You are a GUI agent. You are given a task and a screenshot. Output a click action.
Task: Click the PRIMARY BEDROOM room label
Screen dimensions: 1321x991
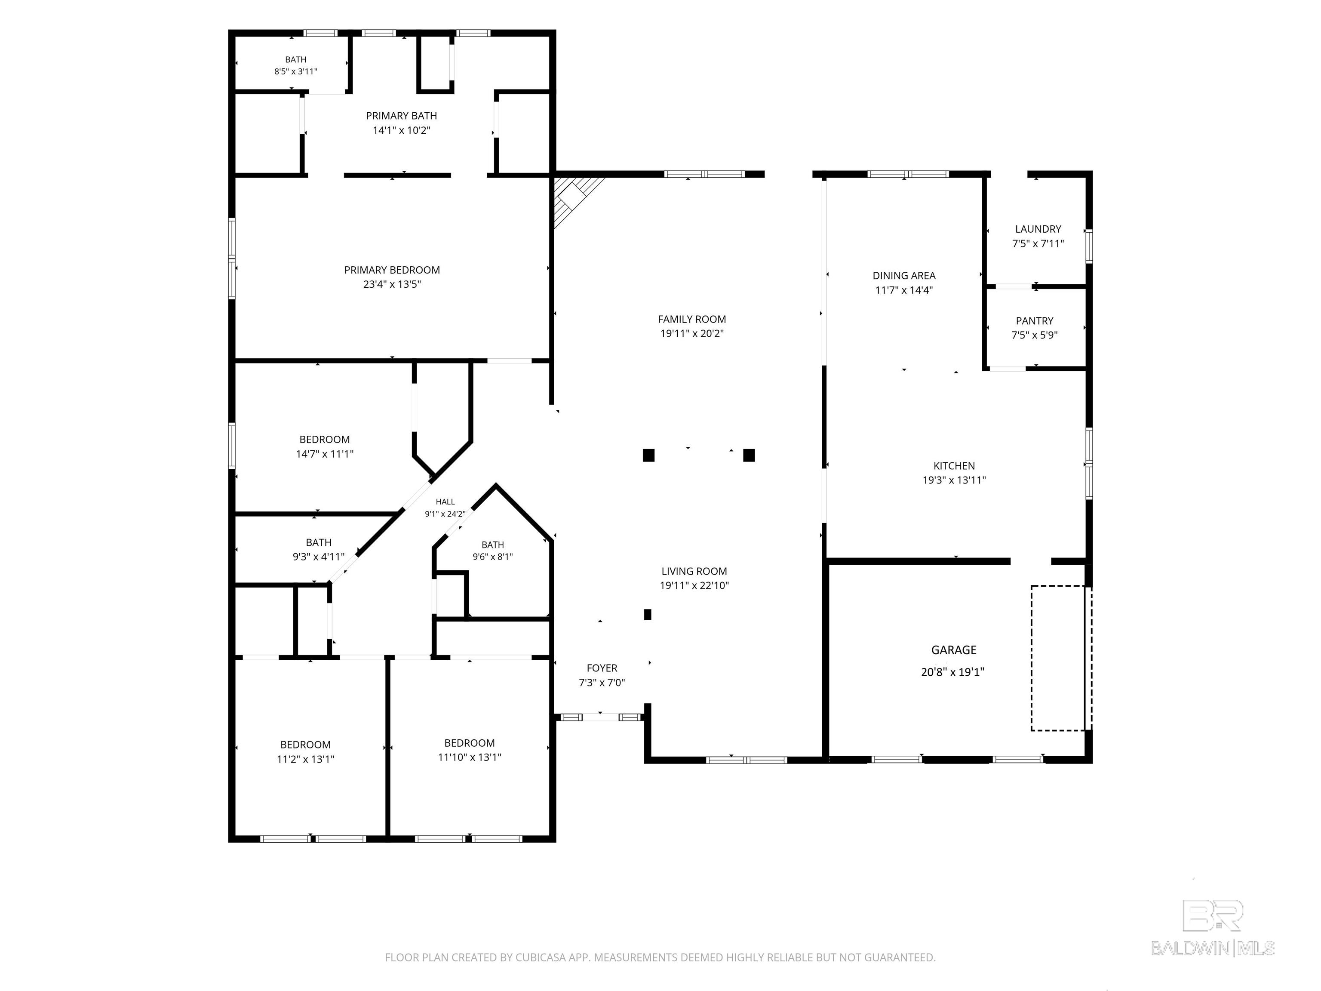392,270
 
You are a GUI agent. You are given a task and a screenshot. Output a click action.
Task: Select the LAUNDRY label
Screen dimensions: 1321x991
1038,229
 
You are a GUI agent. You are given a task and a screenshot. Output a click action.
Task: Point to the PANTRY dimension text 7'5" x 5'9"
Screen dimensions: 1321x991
1034,335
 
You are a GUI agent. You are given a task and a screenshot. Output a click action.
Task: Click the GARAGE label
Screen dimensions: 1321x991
954,650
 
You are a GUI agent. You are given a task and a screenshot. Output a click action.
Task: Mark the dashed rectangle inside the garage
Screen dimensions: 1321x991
1061,658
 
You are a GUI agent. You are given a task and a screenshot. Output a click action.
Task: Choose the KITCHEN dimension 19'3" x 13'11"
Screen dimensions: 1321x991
954,480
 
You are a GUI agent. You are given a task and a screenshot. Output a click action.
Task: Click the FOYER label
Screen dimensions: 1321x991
602,668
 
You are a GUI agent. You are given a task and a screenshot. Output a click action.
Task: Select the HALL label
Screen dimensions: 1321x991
445,502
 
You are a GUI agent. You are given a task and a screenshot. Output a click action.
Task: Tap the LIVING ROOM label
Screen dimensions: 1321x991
694,571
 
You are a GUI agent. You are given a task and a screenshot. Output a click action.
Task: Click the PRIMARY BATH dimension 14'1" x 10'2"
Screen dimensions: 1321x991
401,130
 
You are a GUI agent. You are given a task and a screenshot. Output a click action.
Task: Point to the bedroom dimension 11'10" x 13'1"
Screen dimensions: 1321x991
470,757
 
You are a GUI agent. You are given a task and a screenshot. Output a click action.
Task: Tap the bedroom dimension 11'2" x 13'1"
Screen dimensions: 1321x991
305,759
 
